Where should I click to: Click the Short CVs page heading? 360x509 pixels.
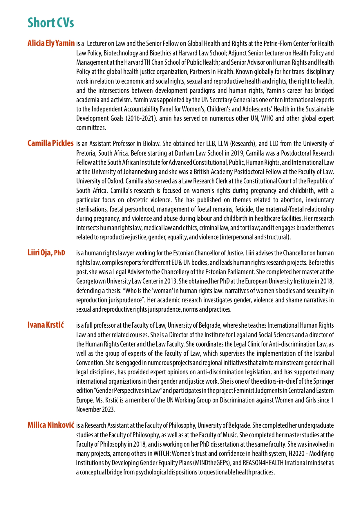click(x=51, y=23)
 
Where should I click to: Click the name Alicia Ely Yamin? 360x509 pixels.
click(x=51, y=43)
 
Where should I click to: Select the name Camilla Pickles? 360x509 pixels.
click(x=50, y=143)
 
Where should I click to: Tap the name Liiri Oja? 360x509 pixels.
click(x=40, y=253)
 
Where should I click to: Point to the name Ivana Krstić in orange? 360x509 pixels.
click(x=46, y=325)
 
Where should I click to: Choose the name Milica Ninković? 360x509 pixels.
click(x=51, y=425)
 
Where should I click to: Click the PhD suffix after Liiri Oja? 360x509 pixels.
click(x=59, y=253)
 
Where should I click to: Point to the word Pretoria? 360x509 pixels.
click(x=86, y=153)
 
